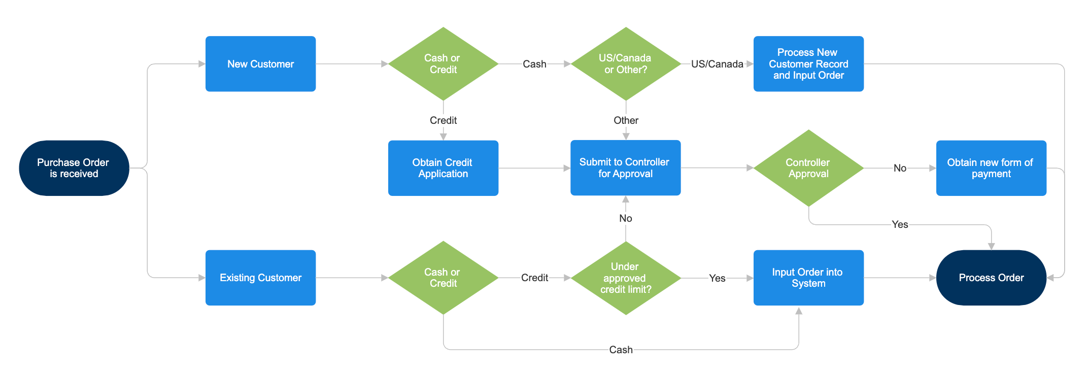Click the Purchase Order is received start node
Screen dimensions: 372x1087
(74, 168)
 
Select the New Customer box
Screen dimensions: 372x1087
(260, 64)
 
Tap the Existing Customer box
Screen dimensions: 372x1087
(260, 278)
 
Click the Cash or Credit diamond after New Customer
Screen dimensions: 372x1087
(443, 64)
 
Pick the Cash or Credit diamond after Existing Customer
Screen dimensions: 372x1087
(443, 278)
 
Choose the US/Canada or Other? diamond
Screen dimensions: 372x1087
(625, 64)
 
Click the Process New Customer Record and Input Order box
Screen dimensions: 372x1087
(808, 64)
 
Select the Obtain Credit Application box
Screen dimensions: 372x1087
(443, 168)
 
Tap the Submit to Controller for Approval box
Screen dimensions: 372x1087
(625, 168)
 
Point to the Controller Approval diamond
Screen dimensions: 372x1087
(808, 168)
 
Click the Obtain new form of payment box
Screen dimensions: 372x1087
(991, 168)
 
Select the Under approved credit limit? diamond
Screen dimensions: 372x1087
(625, 278)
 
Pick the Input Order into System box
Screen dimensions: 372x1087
(808, 278)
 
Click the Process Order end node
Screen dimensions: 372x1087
(991, 278)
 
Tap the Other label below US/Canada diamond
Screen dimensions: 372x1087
(626, 120)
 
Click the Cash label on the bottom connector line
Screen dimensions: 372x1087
(621, 350)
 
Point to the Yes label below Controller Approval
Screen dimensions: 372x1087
(900, 224)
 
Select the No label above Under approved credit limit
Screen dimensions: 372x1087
(625, 218)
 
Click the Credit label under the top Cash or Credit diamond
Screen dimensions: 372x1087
(443, 120)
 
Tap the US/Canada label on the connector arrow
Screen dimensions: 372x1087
(717, 64)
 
